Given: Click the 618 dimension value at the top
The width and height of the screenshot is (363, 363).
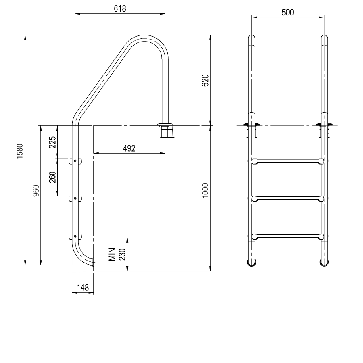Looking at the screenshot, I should point(120,8).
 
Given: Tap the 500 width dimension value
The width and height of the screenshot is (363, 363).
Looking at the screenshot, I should point(288,12).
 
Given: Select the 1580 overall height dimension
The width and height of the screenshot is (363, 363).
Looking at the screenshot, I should point(19,150).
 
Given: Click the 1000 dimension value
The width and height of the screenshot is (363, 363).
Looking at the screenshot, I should point(204,190).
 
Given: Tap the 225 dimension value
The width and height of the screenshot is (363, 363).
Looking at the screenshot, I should point(52,142).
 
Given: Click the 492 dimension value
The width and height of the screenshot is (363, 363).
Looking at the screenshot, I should point(129,148).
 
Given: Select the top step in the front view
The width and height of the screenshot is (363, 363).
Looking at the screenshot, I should point(288,161).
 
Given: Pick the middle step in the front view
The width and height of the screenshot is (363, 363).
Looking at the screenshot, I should point(288,198).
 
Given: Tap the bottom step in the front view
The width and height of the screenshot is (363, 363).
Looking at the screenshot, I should point(288,236).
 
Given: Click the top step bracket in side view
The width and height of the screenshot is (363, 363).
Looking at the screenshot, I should point(75,161).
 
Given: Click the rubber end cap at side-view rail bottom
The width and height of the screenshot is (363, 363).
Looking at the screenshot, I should point(93,263).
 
